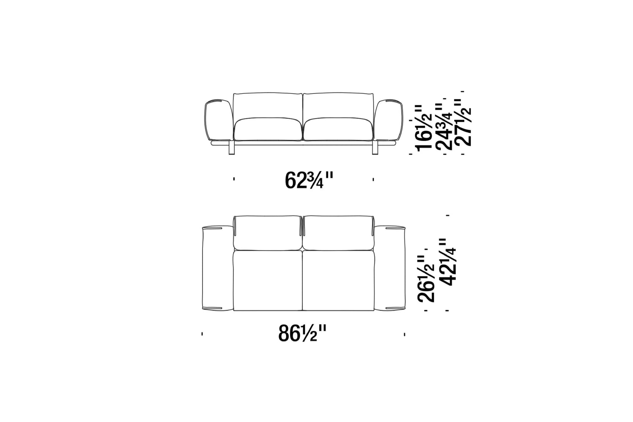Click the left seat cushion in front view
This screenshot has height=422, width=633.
pyautogui.click(x=268, y=129)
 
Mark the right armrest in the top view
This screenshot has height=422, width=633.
pyautogui.click(x=389, y=267)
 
